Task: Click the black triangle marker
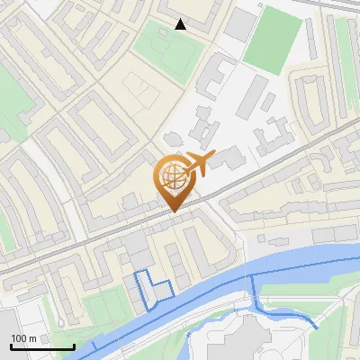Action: (181, 24)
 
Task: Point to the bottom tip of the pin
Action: (174, 211)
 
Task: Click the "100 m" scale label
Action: (24, 338)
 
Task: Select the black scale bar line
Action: (42, 346)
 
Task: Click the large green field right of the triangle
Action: (272, 40)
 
